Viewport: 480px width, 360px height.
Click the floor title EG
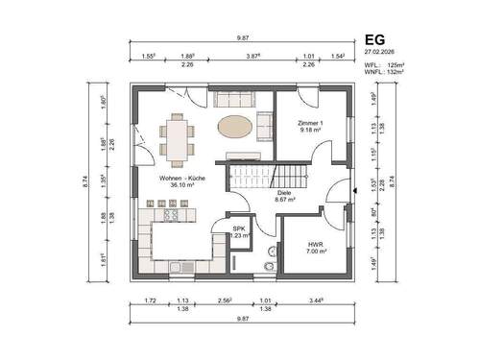(375, 40)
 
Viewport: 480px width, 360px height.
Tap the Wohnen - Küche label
(172, 181)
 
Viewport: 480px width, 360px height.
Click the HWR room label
(316, 246)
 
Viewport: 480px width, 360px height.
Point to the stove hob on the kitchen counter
(173, 216)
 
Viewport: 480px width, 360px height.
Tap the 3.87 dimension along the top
(254, 57)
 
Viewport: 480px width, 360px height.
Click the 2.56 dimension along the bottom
(226, 301)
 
